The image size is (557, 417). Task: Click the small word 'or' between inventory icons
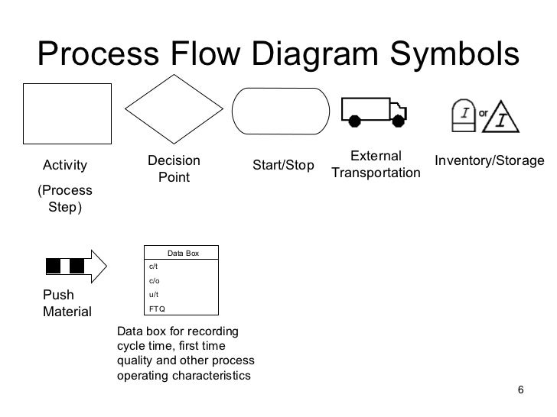point(484,113)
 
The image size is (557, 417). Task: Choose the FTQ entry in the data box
point(156,309)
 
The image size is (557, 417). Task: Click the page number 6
point(521,391)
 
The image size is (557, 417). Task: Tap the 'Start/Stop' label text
point(283,166)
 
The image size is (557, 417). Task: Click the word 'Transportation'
point(376,173)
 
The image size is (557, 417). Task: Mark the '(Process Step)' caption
point(64,199)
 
